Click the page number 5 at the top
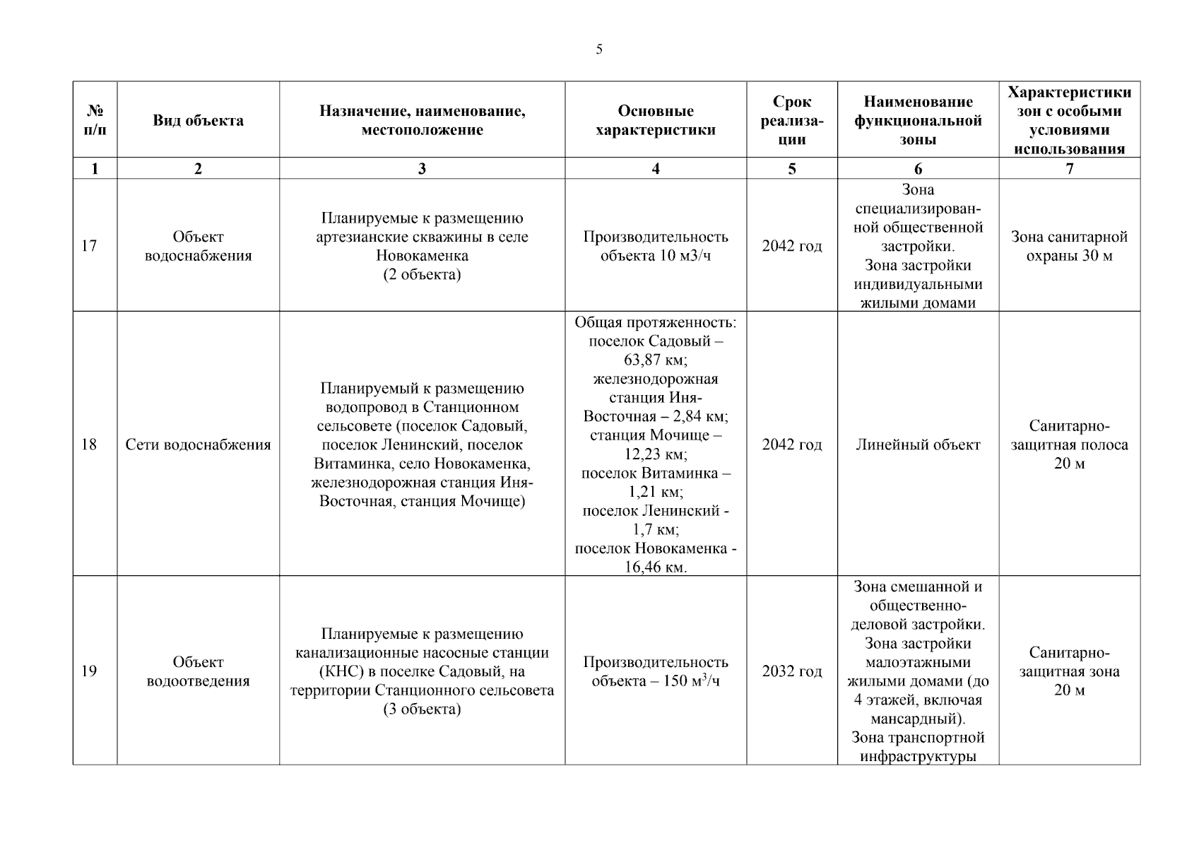599,49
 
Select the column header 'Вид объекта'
198,120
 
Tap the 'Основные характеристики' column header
655,120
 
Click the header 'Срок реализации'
791,120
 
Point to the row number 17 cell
89,246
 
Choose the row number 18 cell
89,444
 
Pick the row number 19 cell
89,671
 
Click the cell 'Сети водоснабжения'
198,444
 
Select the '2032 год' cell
791,671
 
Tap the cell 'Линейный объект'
918,444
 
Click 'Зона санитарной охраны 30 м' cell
1069,246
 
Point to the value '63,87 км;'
655,360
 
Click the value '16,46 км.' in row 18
655,567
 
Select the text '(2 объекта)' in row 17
422,274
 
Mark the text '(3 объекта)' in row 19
422,709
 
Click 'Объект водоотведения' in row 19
198,671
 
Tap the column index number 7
1069,168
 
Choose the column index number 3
422,168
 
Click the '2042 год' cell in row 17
791,246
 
